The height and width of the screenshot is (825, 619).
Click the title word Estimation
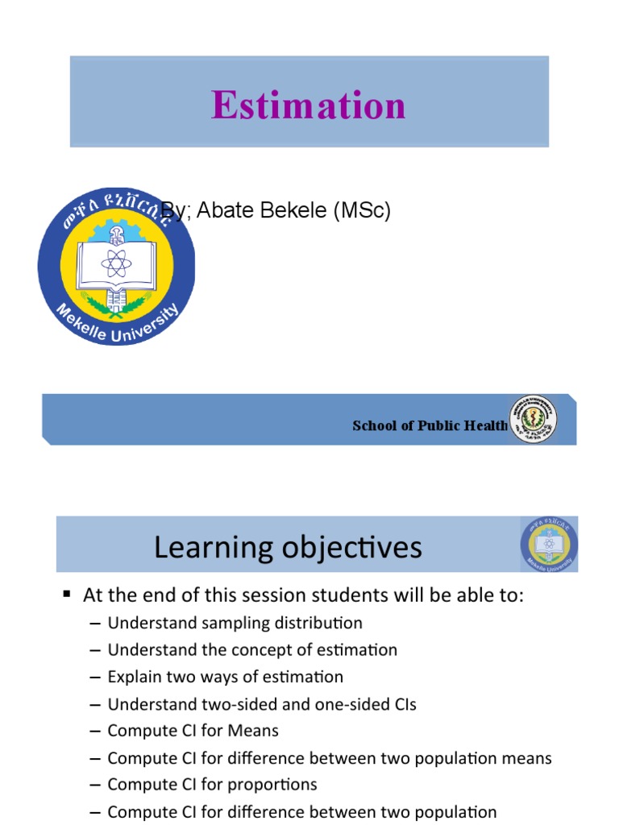309,106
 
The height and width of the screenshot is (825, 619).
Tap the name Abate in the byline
221,211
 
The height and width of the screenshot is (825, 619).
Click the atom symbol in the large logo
117,263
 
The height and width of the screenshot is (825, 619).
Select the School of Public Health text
430,426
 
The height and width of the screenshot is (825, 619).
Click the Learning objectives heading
288,548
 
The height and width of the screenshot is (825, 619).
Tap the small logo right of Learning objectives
548,545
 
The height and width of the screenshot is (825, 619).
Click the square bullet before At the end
67,595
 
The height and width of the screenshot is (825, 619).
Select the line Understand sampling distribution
235,623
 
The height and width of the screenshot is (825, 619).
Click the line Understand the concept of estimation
252,649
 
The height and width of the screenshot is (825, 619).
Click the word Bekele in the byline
287,211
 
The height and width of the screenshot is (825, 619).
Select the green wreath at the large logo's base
116,304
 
